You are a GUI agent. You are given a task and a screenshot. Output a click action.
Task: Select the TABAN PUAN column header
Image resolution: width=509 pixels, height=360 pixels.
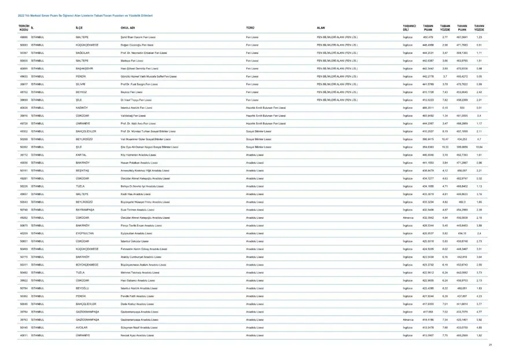[428, 28]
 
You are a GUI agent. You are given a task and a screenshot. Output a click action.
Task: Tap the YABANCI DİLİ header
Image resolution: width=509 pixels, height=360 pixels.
[409, 28]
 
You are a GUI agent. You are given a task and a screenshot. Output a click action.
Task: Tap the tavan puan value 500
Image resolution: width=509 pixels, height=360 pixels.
[462, 108]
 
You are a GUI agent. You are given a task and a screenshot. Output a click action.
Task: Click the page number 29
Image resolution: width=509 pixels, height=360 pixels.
[489, 345]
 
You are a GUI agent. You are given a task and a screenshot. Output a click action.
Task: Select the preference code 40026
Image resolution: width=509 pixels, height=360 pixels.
[24, 108]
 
